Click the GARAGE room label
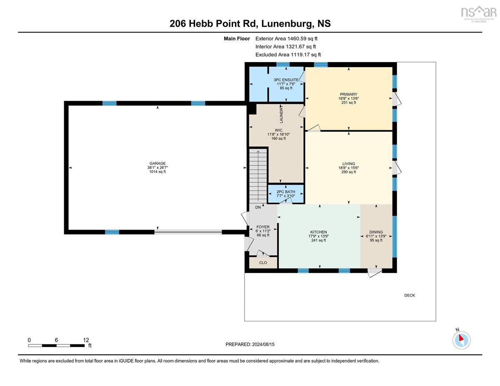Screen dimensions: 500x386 pyautogui.click(x=157, y=164)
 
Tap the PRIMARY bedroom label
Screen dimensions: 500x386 pyautogui.click(x=349, y=94)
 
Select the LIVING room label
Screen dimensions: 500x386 pyautogui.click(x=349, y=164)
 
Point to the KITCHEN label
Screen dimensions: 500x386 pyautogui.click(x=318, y=232)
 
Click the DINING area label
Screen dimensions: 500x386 pyautogui.click(x=376, y=232)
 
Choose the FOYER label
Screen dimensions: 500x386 pyautogui.click(x=263, y=227)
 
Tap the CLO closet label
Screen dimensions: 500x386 pyautogui.click(x=263, y=263)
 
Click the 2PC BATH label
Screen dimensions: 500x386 pyautogui.click(x=286, y=192)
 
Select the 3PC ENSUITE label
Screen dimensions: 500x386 pyautogui.click(x=286, y=80)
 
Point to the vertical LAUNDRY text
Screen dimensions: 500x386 pyautogui.click(x=281, y=114)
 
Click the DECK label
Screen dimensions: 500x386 pyautogui.click(x=410, y=295)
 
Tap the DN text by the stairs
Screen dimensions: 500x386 pyautogui.click(x=258, y=207)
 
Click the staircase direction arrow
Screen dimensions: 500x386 pyautogui.click(x=258, y=176)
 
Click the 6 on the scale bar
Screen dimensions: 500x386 pyautogui.click(x=56, y=340)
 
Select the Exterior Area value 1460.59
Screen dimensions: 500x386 pyautogui.click(x=297, y=39)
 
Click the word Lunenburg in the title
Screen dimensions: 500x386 pyautogui.click(x=287, y=24)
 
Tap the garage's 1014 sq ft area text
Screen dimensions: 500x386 pyautogui.click(x=157, y=172)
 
